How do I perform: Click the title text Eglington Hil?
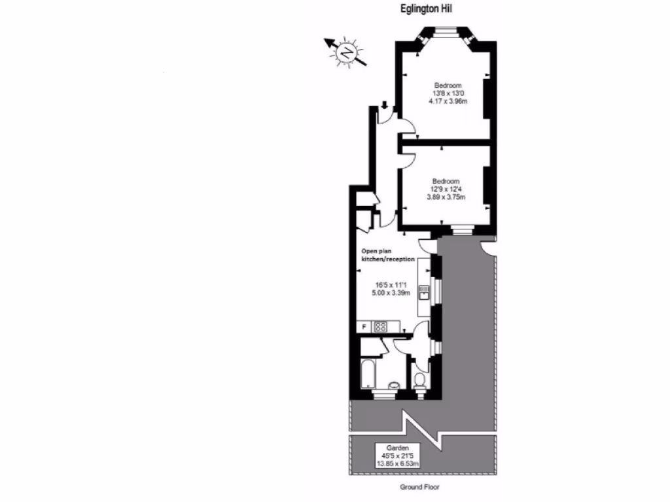point(426,9)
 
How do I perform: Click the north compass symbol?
point(346,52)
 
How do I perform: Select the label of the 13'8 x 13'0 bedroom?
point(448,86)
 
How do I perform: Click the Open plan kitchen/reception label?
point(388,255)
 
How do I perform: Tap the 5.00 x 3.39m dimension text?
point(392,293)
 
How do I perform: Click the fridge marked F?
point(364,326)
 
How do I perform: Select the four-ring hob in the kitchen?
point(380,326)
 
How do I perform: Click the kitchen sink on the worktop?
point(424,291)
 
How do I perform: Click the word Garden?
point(397,448)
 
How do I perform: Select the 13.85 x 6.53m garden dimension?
point(397,463)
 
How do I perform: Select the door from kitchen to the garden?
point(427,245)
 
